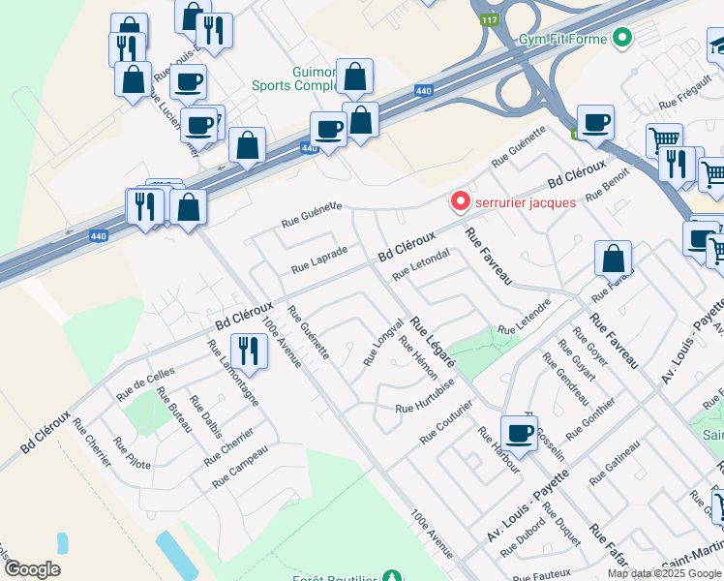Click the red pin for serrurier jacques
tap(460, 201)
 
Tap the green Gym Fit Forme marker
tap(622, 40)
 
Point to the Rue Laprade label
tap(319, 259)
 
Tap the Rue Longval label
tap(382, 343)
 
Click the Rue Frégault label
tap(684, 97)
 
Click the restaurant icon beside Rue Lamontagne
tap(250, 352)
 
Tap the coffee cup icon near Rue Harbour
tap(520, 433)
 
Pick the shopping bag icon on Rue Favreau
tap(613, 259)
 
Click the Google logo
tap(31, 569)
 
